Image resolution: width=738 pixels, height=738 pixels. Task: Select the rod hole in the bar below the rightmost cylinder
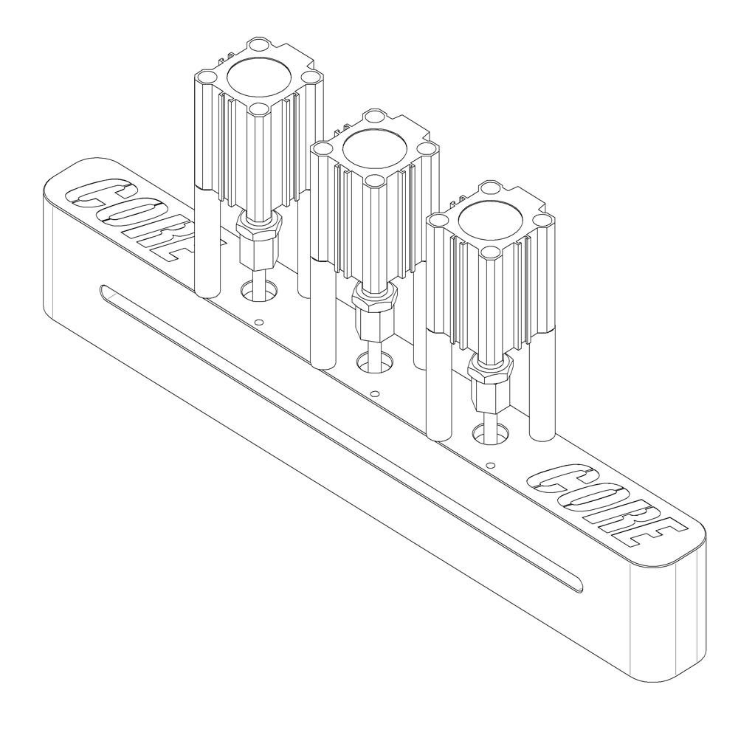(x=489, y=434)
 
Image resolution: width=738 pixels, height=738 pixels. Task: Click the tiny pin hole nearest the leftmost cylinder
(x=258, y=323)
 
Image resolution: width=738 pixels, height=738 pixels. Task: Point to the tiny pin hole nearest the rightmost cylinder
(x=491, y=466)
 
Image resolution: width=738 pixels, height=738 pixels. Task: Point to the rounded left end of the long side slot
(x=106, y=293)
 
